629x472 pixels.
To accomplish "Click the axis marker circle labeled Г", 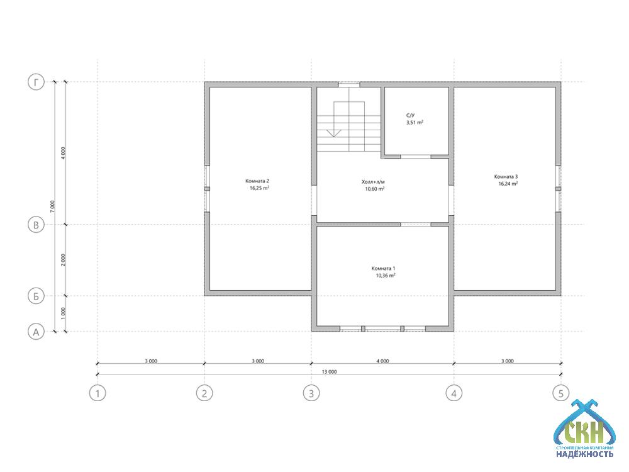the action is click(36, 82).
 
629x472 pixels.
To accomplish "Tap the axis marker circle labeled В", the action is click(36, 225).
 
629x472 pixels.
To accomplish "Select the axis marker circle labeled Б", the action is click(36, 296).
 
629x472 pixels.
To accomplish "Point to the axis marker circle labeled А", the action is click(36, 332).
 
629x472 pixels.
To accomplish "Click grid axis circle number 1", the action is click(97, 393).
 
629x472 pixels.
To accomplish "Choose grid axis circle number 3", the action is click(311, 393).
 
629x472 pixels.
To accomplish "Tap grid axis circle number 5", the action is click(561, 393).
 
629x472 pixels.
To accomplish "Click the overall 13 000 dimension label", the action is click(330, 372).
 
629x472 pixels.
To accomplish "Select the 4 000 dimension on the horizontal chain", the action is click(382, 361).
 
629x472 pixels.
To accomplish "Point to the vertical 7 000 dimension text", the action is click(53, 206).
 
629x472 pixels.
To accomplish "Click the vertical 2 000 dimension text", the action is click(63, 260).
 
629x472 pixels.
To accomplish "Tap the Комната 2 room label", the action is click(257, 181).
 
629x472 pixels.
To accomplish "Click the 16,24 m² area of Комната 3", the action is click(508, 183).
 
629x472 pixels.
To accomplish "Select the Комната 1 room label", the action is click(384, 268).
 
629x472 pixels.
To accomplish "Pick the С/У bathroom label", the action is click(410, 115).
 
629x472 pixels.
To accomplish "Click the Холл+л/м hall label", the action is click(374, 182).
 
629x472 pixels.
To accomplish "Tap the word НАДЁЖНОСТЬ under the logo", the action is click(584, 454).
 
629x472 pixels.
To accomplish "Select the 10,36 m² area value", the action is click(386, 276).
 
